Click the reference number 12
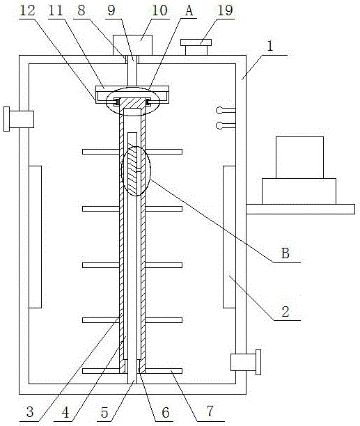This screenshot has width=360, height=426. click(27, 10)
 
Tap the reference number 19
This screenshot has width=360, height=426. click(225, 10)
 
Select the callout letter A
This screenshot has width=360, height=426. click(189, 11)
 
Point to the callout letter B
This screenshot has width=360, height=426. click(285, 253)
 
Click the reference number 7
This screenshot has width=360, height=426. click(210, 411)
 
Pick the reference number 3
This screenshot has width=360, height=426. click(30, 412)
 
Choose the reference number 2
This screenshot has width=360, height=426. click(285, 312)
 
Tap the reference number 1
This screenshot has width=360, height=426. click(270, 46)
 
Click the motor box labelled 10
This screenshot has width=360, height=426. click(132, 45)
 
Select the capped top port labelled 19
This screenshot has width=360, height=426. click(196, 47)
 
